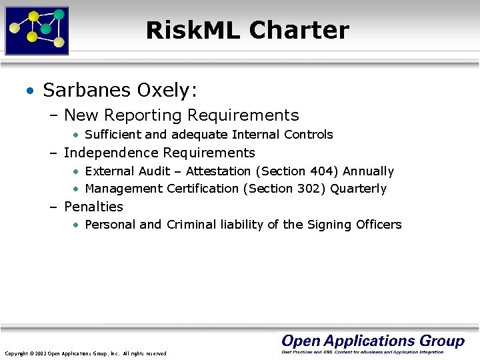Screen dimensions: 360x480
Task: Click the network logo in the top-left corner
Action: pos(37,30)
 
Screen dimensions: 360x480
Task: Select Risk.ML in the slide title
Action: pos(193,31)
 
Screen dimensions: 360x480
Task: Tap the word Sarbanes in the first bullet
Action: pos(84,89)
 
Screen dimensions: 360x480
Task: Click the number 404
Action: pos(323,171)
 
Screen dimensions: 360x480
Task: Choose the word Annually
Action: pos(369,171)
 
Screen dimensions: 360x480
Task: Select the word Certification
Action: pos(203,189)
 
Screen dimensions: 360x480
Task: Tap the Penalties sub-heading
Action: pos(93,207)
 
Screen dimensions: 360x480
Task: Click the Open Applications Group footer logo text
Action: pos(373,341)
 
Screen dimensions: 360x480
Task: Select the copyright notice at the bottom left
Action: pos(85,353)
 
